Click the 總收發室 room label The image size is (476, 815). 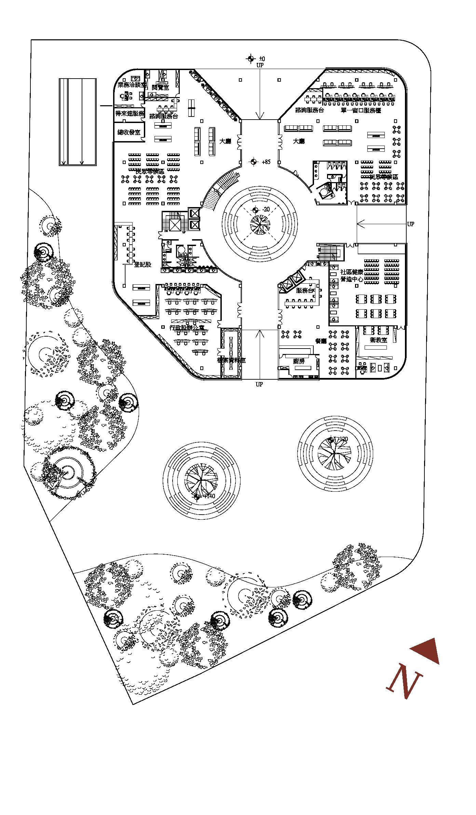coord(129,132)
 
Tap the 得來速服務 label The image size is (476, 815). coord(130,113)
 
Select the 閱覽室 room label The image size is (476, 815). coord(160,87)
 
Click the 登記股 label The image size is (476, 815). coord(142,264)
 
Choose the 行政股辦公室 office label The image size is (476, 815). coord(187,327)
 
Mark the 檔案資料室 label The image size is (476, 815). coord(231,360)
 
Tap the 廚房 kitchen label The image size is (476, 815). coord(299,361)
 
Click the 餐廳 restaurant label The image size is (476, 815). coord(321,341)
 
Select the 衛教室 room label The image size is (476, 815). coord(378,340)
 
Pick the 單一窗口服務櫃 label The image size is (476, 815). coord(361,110)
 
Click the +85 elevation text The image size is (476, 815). coord(266,162)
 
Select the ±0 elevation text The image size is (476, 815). coord(262,59)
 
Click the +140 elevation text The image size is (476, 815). coord(209,496)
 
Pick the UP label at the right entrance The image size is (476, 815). coord(410,224)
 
